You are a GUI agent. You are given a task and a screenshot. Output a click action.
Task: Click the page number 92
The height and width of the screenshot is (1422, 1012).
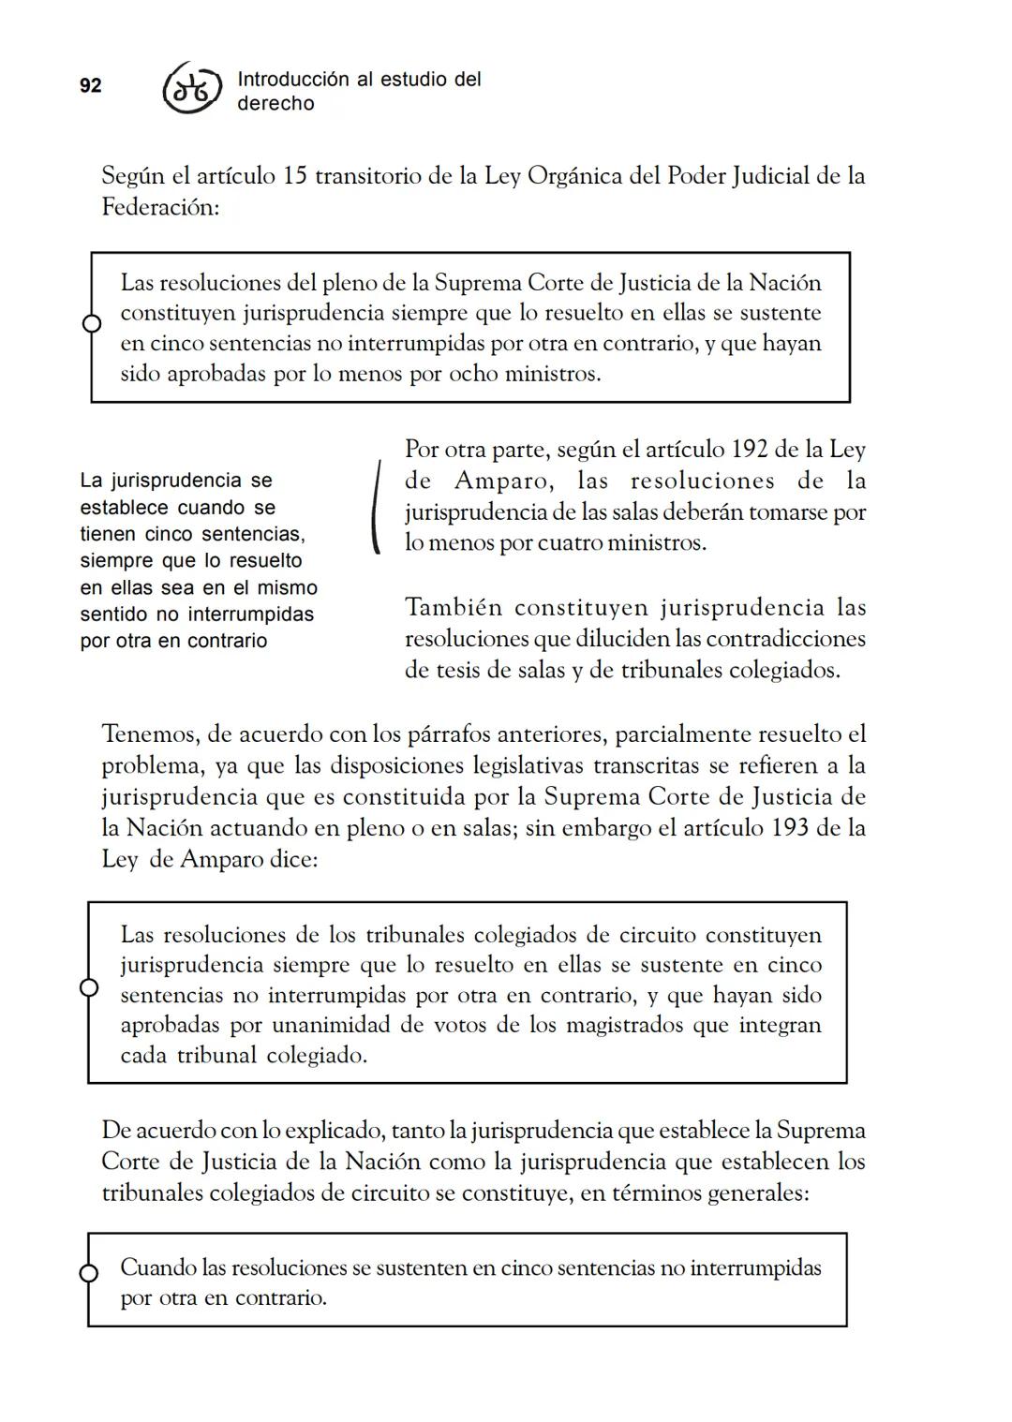point(91,86)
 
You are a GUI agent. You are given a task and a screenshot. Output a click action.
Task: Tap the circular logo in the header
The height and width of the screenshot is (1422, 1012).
point(193,91)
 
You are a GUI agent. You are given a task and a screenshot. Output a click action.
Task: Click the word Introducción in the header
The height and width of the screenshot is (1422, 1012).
point(292,80)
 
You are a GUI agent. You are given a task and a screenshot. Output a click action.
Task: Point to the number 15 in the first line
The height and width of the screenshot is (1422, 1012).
point(294,176)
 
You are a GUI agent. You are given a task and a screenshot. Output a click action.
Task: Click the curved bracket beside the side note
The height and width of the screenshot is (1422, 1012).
point(376,507)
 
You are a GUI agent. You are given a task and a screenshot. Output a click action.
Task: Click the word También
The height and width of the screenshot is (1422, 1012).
point(454,608)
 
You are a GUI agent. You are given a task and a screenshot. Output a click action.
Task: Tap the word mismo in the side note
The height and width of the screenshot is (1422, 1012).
point(287,588)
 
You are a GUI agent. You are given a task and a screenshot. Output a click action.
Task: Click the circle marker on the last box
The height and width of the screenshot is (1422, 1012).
point(89,1274)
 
